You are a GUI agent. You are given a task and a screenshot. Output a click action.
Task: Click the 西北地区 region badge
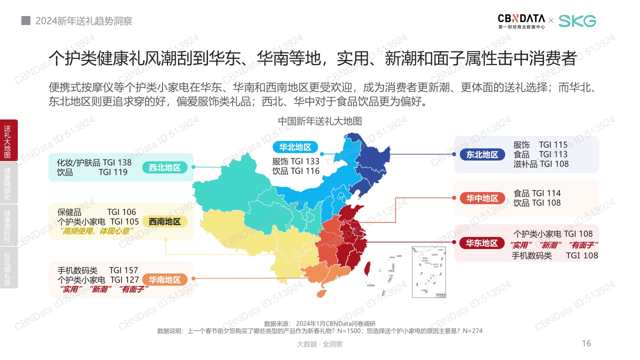tap(164, 167)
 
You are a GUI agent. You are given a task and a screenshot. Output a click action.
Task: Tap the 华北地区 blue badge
tap(295, 147)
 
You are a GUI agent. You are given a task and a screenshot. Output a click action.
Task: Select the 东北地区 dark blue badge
tap(482, 154)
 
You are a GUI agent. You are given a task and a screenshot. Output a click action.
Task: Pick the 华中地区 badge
tap(482, 198)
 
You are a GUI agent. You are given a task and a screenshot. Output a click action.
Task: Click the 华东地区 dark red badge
tap(482, 243)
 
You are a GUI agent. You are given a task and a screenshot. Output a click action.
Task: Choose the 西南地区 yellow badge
tap(164, 221)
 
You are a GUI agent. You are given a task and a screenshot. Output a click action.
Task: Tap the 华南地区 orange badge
tap(164, 280)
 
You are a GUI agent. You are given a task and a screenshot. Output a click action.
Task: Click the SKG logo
tap(577, 20)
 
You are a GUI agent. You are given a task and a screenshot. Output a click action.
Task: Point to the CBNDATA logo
tap(521, 20)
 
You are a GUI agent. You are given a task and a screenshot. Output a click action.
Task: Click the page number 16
tap(586, 343)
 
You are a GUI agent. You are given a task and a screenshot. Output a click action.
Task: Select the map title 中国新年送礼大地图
tap(320, 121)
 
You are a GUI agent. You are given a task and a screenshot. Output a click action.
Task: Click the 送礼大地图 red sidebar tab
tap(7, 141)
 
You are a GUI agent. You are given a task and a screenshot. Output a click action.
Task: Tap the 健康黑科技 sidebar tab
tap(7, 226)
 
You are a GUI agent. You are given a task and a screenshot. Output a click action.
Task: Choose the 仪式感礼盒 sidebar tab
tap(7, 268)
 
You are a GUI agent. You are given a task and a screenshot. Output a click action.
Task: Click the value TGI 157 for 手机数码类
tap(123, 270)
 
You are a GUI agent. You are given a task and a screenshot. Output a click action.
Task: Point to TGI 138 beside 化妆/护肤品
tap(117, 162)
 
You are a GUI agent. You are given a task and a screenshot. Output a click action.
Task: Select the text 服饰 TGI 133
tap(295, 161)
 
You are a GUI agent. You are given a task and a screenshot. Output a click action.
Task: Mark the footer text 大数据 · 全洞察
tap(319, 344)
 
